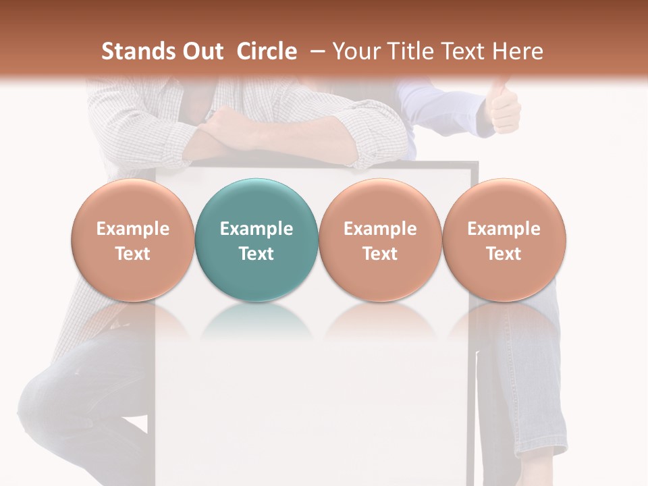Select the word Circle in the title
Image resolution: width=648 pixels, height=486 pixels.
point(267,51)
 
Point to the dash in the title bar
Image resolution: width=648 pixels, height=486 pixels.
point(315,51)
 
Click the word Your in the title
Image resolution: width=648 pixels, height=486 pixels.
point(354,51)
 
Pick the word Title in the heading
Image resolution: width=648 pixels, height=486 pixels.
point(408,51)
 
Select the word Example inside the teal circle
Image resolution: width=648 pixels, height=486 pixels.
point(256,229)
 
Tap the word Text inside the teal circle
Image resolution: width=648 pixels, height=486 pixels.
point(256,254)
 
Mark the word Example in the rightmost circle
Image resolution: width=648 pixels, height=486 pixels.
point(504,229)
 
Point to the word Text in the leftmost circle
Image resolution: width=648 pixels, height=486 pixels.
point(132,254)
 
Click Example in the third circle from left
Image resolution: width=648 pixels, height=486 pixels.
point(380,229)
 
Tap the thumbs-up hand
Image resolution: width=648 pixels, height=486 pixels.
point(503,108)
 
